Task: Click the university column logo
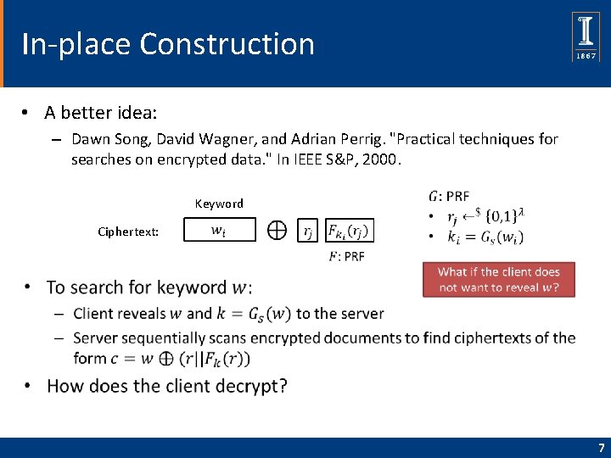pyautogui.click(x=586, y=36)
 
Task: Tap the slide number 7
pyautogui.click(x=602, y=448)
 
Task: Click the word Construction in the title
pyautogui.click(x=227, y=43)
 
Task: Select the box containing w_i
pyautogui.click(x=220, y=230)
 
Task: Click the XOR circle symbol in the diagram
pyautogui.click(x=277, y=230)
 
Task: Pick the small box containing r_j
pyautogui.click(x=307, y=231)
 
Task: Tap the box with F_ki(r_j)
pyautogui.click(x=350, y=231)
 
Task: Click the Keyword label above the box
pyautogui.click(x=219, y=204)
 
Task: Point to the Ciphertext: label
pyautogui.click(x=128, y=232)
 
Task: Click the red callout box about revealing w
pyautogui.click(x=499, y=280)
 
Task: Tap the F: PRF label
pyautogui.click(x=347, y=257)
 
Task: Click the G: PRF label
pyautogui.click(x=449, y=196)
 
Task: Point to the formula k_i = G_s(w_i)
pyautogui.click(x=485, y=237)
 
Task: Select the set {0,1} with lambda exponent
pyautogui.click(x=505, y=215)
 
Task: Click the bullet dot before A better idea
pyautogui.click(x=25, y=113)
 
